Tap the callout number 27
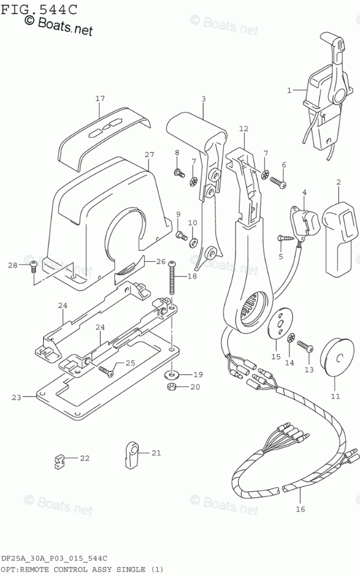pyautogui.click(x=149, y=154)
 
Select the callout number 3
pyautogui.click(x=203, y=99)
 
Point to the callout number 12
pyautogui.click(x=243, y=128)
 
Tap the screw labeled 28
pyautogui.click(x=34, y=265)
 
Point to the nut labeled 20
pyautogui.click(x=172, y=387)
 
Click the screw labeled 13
pyautogui.click(x=305, y=346)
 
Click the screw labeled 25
pyautogui.click(x=107, y=370)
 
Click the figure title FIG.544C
pyautogui.click(x=38, y=8)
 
